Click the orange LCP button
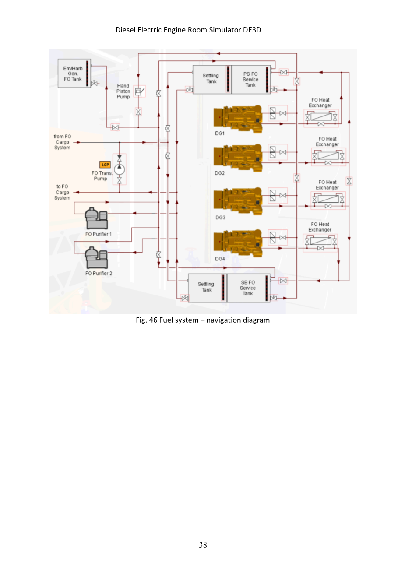click(105, 165)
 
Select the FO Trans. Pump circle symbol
click(119, 169)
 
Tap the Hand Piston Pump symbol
click(139, 91)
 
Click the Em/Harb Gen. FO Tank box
click(74, 74)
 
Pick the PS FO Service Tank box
click(251, 79)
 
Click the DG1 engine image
click(238, 119)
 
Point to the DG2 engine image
click(238, 158)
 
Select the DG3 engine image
click(238, 201)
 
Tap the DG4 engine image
click(238, 243)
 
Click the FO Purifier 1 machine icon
click(96, 218)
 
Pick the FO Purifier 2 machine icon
click(96, 257)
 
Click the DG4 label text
click(220, 259)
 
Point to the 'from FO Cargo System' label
click(63, 142)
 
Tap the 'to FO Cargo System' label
click(63, 192)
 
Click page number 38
click(203, 545)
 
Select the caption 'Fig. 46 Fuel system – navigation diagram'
click(203, 320)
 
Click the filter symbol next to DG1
click(273, 113)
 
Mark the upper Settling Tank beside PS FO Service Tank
click(212, 79)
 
